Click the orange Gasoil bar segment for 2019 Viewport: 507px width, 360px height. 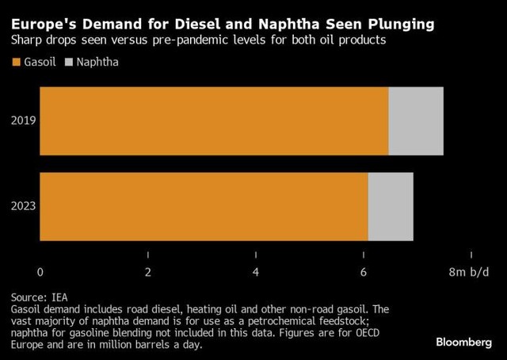[x=214, y=121]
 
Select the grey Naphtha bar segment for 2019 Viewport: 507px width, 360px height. [x=416, y=121]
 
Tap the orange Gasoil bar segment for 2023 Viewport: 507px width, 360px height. [x=204, y=206]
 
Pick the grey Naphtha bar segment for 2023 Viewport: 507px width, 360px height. [x=391, y=206]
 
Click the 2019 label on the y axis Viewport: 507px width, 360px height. [x=23, y=121]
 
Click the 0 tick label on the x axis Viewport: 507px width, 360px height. [x=40, y=272]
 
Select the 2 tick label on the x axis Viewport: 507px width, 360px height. [x=148, y=272]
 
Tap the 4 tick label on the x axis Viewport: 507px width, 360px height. [x=256, y=272]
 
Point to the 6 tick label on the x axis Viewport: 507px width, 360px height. [x=364, y=272]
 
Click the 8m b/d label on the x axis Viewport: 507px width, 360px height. [x=470, y=272]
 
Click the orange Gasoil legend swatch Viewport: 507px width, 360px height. [x=16, y=60]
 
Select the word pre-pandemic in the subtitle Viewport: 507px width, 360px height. [x=209, y=40]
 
